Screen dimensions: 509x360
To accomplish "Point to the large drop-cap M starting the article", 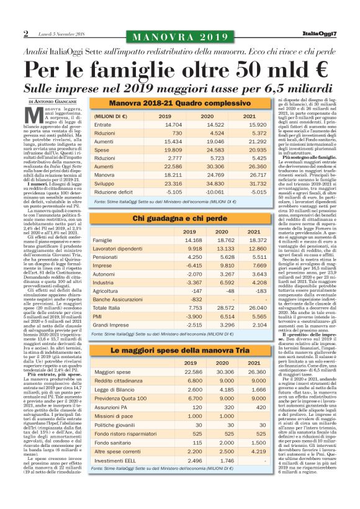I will tap(35, 116).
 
